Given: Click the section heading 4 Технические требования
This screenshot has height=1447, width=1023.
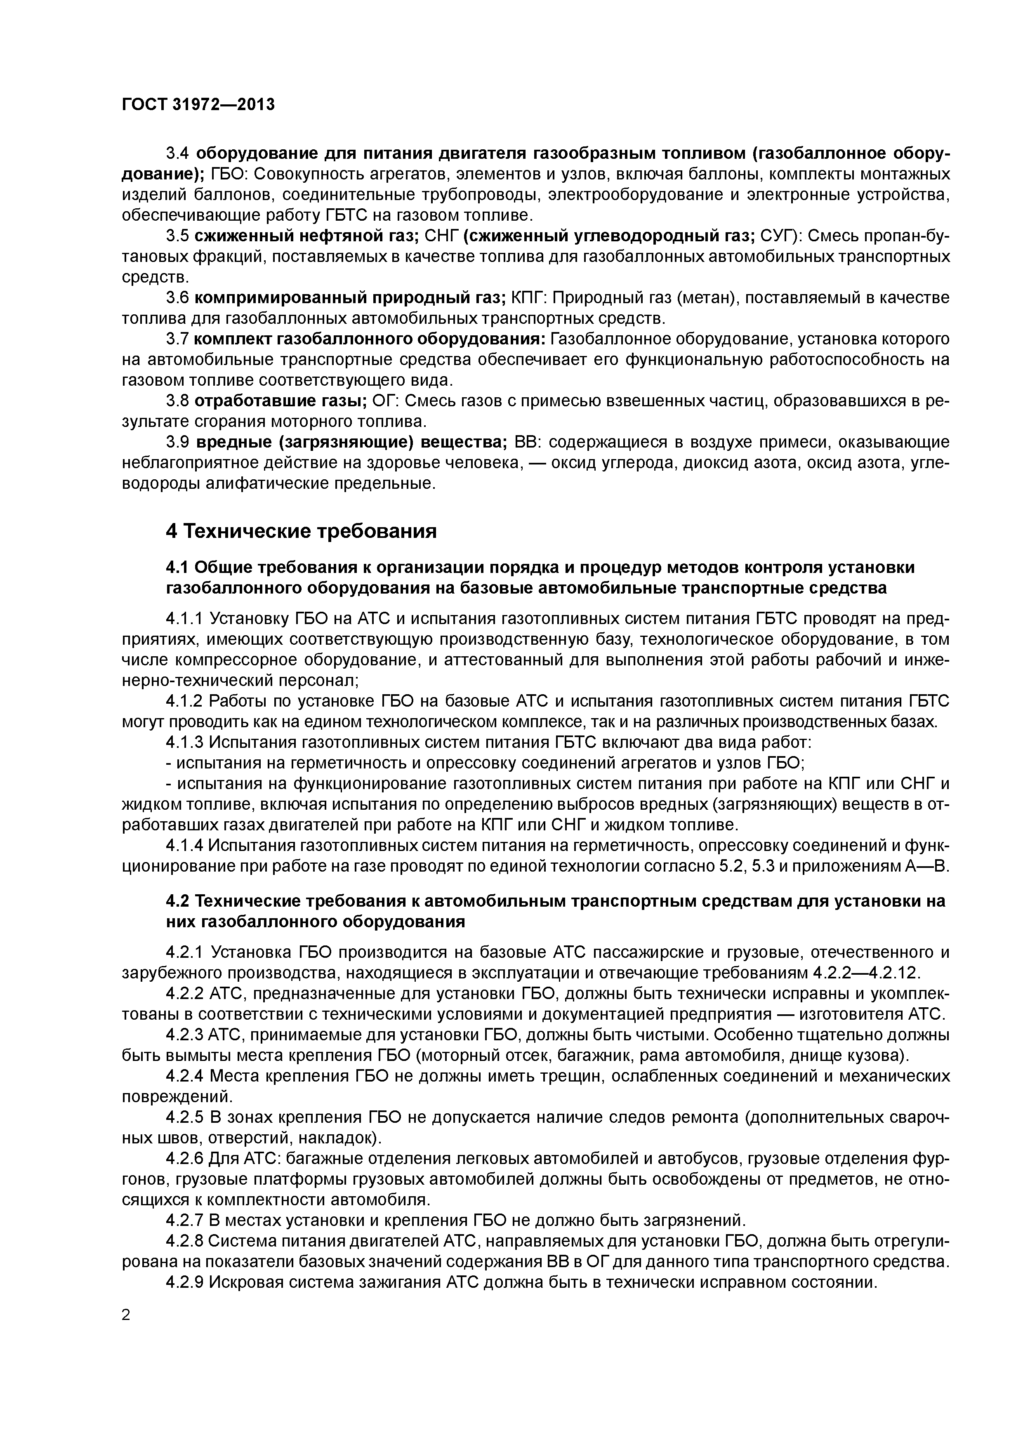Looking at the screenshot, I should click(x=301, y=531).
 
